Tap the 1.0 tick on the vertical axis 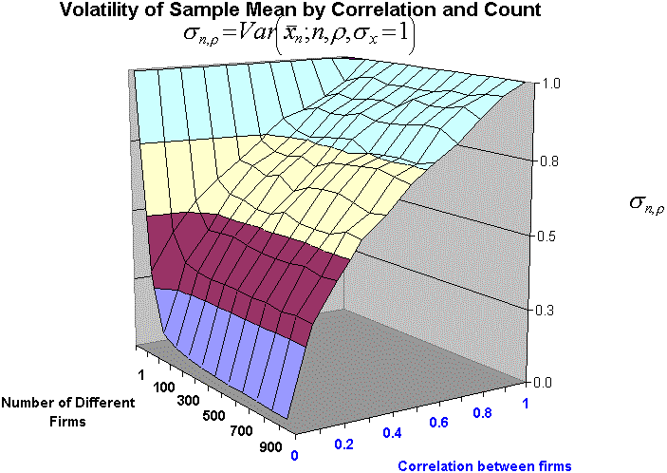click(x=548, y=84)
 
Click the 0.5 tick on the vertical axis click(x=548, y=236)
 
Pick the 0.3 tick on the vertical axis click(x=548, y=310)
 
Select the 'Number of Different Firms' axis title click(x=67, y=410)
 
